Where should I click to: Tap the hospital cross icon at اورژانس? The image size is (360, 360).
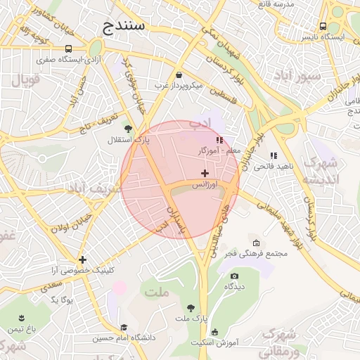click(x=205, y=173)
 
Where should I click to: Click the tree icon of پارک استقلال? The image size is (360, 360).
click(x=127, y=128)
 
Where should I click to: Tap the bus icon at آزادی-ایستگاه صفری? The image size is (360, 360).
click(x=69, y=49)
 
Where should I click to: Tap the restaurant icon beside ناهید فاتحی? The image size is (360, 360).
click(x=273, y=155)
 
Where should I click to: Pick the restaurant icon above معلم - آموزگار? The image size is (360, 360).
click(x=220, y=140)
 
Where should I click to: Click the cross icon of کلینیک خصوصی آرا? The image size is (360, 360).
click(x=83, y=259)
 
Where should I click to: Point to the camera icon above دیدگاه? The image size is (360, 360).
click(x=234, y=276)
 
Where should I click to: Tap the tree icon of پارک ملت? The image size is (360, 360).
click(x=191, y=307)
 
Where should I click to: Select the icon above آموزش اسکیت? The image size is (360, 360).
click(x=214, y=332)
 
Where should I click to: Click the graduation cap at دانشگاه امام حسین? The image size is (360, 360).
click(x=124, y=327)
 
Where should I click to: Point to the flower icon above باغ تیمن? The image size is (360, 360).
click(x=19, y=318)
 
